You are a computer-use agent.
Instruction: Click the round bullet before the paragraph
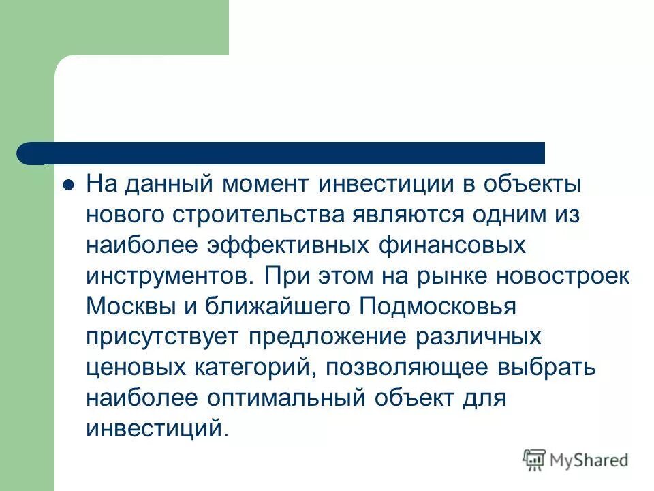67,186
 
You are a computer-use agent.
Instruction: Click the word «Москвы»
129,308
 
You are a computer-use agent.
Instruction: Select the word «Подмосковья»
437,308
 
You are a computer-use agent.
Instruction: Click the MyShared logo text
589,460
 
